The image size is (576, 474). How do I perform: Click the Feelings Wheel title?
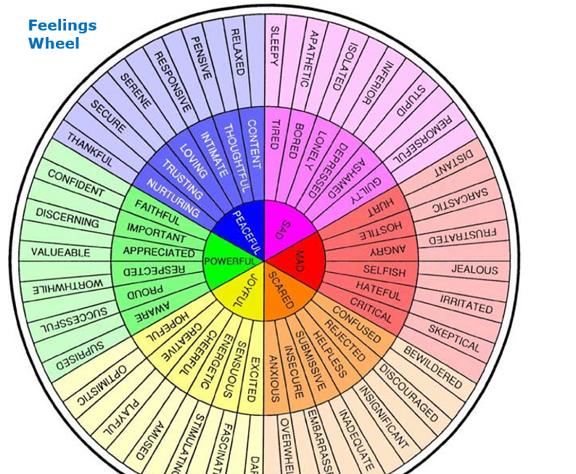point(62,34)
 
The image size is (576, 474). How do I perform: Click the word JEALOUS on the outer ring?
point(474,269)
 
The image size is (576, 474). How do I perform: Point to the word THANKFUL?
point(90,149)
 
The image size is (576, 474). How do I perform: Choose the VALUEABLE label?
point(61,252)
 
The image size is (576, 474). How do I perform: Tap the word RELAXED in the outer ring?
point(236,52)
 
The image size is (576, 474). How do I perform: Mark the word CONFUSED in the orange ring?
point(356,325)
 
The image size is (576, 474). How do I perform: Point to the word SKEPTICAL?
point(454,338)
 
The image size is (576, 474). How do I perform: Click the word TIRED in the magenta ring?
point(274,134)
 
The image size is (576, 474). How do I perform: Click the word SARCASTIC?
point(460,200)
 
